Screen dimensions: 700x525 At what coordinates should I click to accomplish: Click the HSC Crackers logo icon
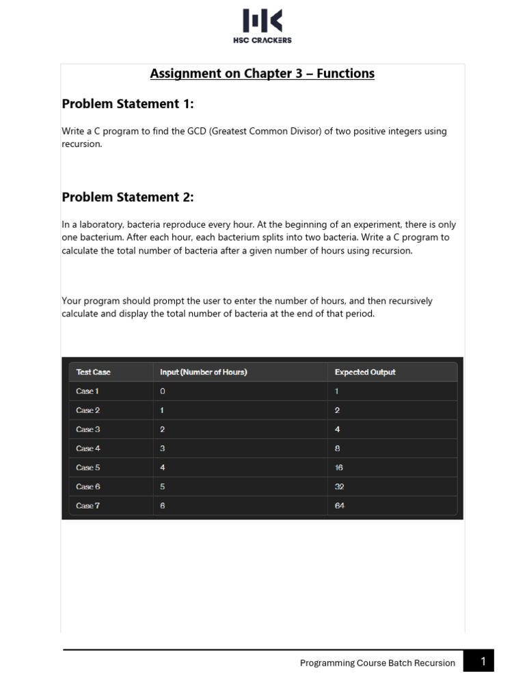coord(262,21)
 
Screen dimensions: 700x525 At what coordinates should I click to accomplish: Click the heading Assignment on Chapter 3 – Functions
coord(262,73)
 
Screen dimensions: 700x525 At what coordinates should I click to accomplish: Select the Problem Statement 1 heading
coord(128,104)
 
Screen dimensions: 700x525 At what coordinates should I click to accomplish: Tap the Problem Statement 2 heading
coord(128,197)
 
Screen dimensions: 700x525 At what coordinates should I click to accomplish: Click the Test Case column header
coord(93,372)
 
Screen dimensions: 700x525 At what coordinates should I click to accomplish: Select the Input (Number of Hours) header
coord(203,372)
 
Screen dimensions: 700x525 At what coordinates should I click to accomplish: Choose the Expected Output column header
coord(365,372)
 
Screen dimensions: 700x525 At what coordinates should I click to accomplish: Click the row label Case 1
coord(87,391)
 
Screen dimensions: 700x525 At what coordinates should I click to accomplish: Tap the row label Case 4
coord(87,448)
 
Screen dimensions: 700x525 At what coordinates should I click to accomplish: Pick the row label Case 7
coord(87,506)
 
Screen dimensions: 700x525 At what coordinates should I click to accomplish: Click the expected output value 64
coord(340,506)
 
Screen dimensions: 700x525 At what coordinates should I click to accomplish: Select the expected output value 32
coord(340,487)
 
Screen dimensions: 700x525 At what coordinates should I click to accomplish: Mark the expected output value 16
coord(339,468)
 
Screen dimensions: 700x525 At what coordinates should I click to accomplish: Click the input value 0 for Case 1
coord(163,391)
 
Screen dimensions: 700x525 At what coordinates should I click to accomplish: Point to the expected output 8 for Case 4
coord(338,448)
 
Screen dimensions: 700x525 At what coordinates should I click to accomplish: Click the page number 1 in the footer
coord(483,661)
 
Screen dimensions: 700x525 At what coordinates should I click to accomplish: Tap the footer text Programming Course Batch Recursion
coord(377,662)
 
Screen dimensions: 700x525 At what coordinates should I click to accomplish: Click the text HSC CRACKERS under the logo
coord(262,40)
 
